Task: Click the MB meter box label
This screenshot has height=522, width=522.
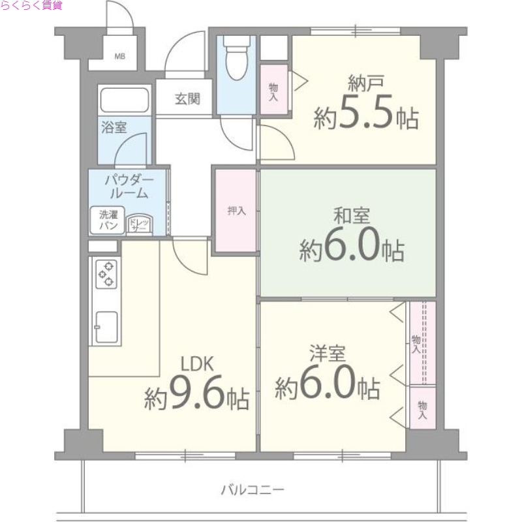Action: (119, 56)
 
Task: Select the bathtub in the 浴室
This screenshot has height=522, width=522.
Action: (125, 100)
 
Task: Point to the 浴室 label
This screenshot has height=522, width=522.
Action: (114, 127)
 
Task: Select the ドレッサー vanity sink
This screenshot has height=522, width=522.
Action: (139, 224)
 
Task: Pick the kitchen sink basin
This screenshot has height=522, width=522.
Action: (106, 327)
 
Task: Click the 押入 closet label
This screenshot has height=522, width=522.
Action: (236, 210)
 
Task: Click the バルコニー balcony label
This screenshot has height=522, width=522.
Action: (253, 489)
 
